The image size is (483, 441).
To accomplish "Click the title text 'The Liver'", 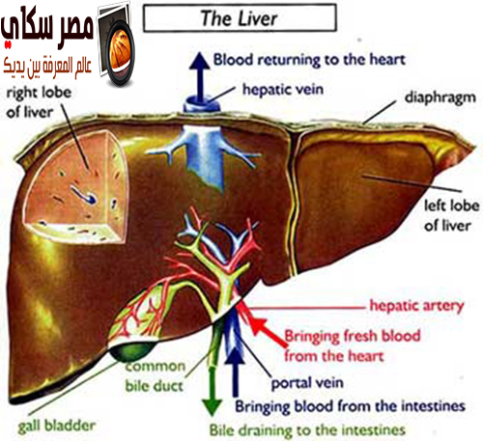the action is (239, 18).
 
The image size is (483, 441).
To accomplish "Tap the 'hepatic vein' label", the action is (283, 89).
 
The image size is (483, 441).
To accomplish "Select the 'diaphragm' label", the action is (440, 97).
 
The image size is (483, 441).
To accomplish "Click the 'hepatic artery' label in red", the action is (416, 306).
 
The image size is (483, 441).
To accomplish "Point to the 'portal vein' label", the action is (307, 383).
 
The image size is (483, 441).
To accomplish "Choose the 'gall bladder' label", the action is (57, 427).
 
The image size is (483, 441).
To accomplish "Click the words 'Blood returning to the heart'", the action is (309, 60).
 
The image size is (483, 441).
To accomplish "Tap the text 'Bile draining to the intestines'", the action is (307, 430).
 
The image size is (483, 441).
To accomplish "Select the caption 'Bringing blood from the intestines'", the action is (350, 406).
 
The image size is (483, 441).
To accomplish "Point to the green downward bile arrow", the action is (212, 392).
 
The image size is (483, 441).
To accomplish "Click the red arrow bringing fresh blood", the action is (268, 332).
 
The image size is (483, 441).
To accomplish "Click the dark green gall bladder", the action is (132, 351).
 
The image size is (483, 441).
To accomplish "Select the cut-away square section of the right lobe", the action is (76, 186).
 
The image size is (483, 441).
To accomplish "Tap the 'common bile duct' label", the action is (155, 376).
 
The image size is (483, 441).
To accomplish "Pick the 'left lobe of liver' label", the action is (451, 215).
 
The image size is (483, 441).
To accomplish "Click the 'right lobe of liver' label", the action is (39, 102).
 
